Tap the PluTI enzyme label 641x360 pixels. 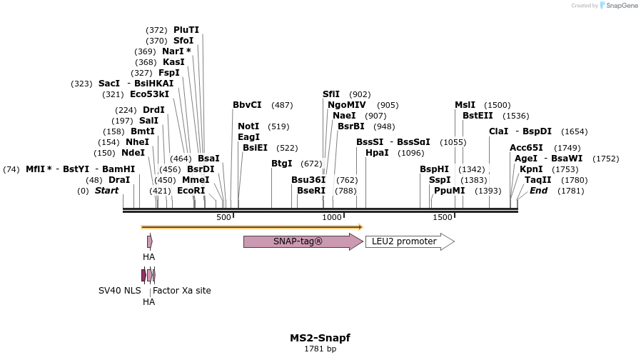click(x=186, y=30)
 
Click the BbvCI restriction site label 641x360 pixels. click(x=247, y=105)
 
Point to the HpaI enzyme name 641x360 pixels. click(x=377, y=153)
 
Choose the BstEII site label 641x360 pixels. click(x=478, y=115)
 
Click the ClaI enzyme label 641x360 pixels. click(x=498, y=131)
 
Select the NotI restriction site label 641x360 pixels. click(x=248, y=126)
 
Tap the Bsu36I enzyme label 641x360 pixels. click(x=308, y=180)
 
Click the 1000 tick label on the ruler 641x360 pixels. click(x=332, y=217)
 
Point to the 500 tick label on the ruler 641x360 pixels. click(x=223, y=217)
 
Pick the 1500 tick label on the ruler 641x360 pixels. click(x=443, y=217)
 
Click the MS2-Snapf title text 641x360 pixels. click(x=320, y=338)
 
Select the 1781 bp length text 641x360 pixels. click(x=320, y=349)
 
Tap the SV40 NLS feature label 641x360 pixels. click(x=119, y=291)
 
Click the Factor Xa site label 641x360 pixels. click(x=182, y=291)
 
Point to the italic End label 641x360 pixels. click(x=538, y=191)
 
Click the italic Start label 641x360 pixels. click(x=106, y=191)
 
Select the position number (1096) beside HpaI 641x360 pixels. click(x=411, y=153)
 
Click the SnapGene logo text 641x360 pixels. click(x=621, y=6)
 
